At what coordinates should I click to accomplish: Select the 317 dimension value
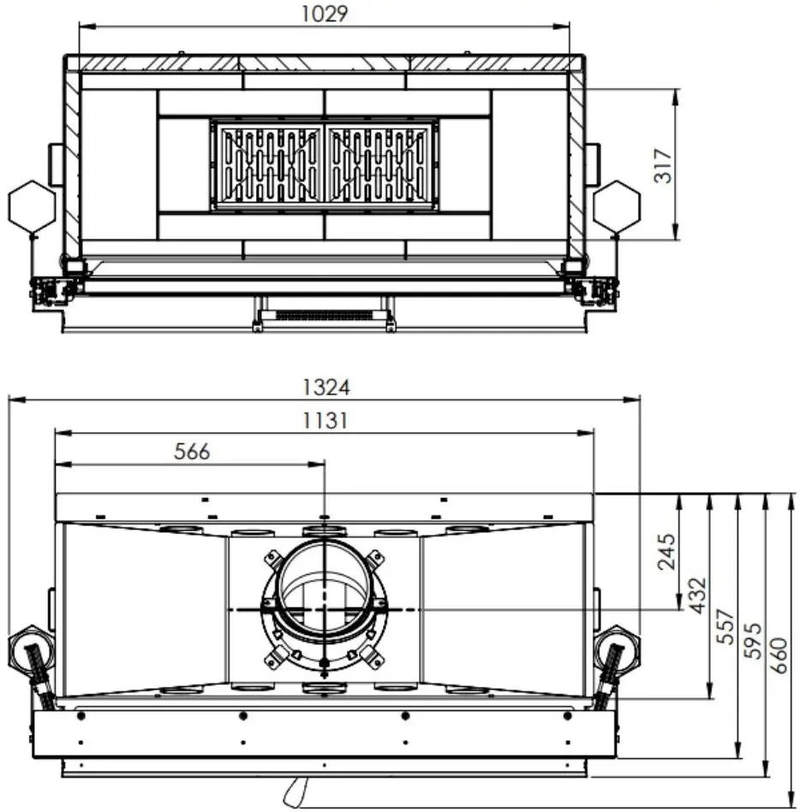[663, 165]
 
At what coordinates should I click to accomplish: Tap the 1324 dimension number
[325, 387]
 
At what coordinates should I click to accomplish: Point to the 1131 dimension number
[325, 420]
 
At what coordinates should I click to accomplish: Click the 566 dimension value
[191, 452]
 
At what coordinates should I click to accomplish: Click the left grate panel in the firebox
[267, 166]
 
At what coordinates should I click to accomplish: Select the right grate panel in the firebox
[379, 166]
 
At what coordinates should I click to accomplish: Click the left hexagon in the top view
[32, 206]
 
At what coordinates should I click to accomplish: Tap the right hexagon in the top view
[617, 206]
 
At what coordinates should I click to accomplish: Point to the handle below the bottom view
[296, 791]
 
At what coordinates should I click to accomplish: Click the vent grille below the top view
[325, 315]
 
